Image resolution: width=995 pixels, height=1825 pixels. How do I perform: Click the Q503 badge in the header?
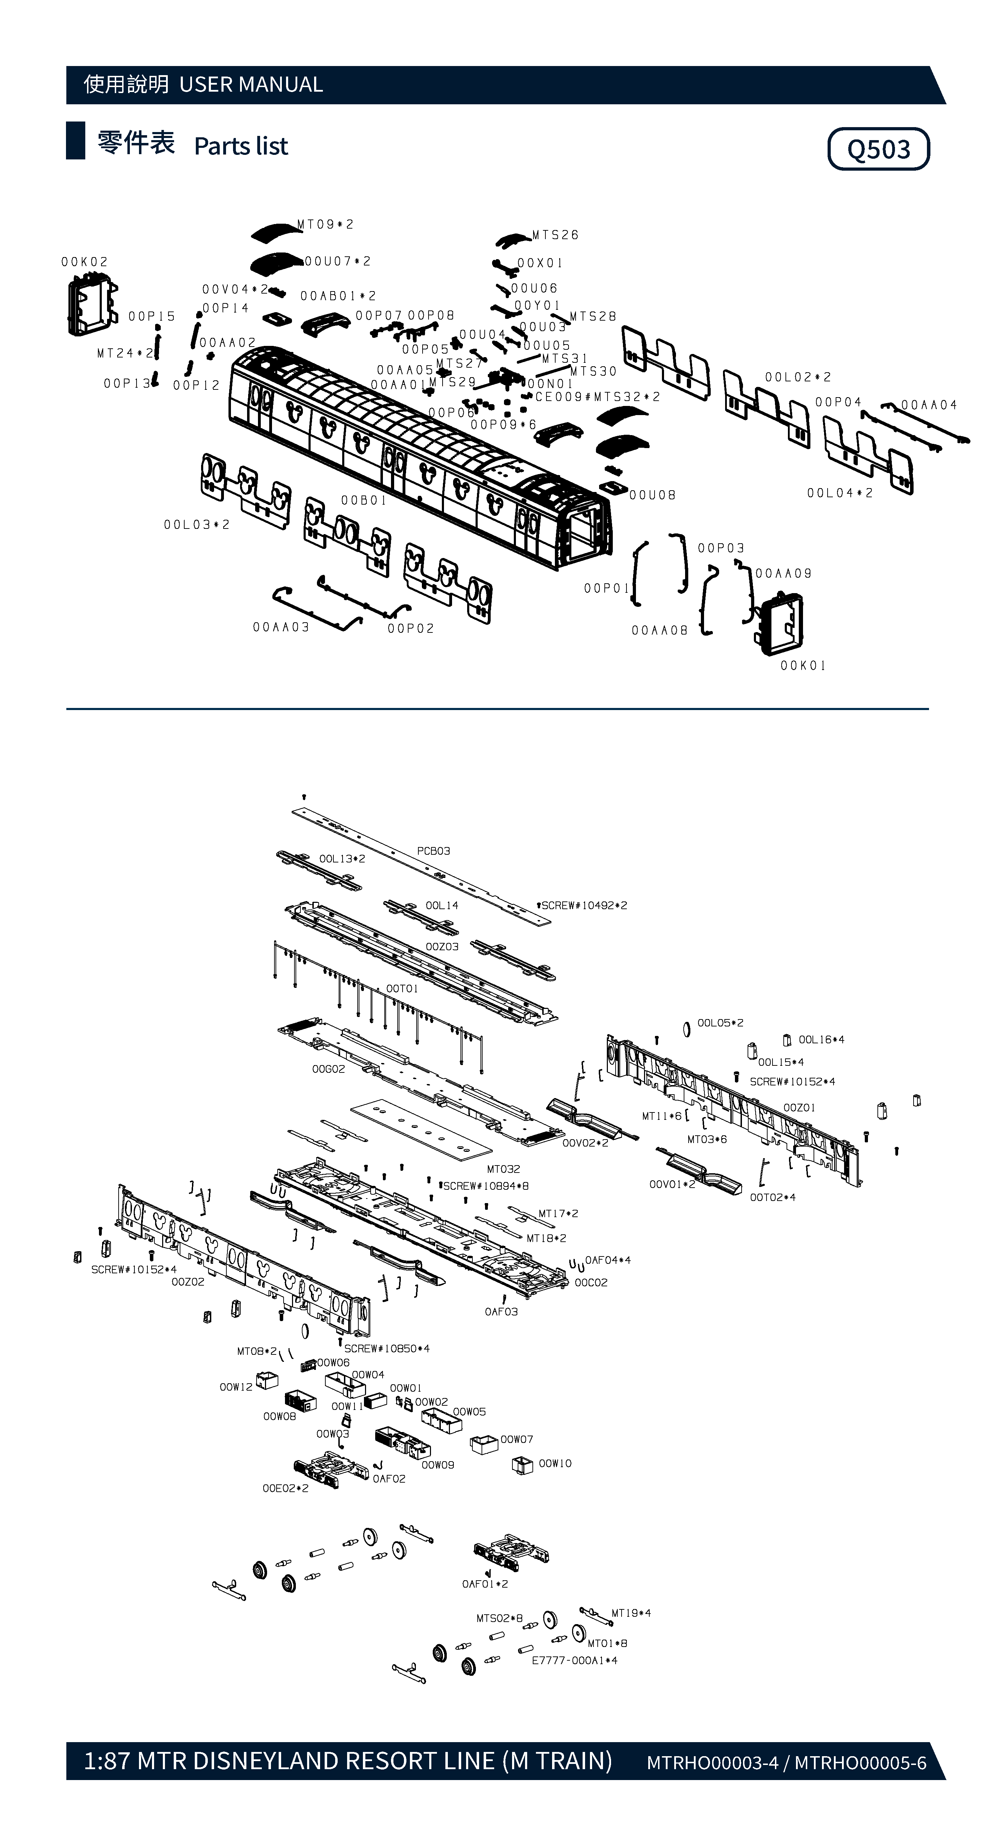(878, 149)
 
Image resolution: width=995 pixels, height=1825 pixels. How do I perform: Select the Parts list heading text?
(241, 146)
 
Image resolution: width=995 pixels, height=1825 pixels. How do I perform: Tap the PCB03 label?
(433, 851)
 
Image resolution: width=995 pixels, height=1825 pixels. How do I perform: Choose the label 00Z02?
(188, 1282)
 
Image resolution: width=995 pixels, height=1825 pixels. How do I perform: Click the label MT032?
(504, 1169)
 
